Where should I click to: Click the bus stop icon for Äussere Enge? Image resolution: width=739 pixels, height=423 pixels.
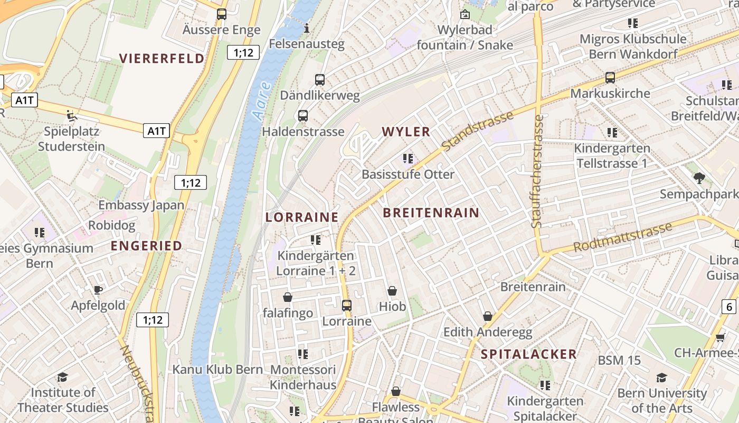point(222,14)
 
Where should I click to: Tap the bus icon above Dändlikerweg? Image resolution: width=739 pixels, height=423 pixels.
point(320,80)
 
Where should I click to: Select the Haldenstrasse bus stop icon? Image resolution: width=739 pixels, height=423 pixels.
point(303,116)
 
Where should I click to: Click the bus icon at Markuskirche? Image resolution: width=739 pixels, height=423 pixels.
point(610,78)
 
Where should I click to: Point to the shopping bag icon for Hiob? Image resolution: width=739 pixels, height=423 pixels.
point(392,291)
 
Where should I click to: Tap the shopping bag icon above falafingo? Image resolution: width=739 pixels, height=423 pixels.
point(288,297)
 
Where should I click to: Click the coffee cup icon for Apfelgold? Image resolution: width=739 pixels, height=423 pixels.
point(98,289)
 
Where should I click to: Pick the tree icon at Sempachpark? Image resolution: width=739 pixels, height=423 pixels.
point(699,178)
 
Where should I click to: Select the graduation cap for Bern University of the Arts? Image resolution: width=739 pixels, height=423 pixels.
point(661,378)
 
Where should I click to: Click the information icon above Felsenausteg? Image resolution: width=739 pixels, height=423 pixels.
point(307,27)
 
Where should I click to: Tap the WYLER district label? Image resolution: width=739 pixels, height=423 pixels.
point(406,132)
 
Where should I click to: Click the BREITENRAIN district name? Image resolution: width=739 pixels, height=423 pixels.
point(431,213)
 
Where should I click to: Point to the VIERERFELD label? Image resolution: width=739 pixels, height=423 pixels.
point(162,58)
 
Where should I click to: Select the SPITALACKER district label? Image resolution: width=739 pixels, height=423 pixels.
point(528,354)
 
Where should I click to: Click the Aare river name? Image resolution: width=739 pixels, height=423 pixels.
point(262,100)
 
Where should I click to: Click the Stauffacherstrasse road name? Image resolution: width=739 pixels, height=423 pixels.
point(537,171)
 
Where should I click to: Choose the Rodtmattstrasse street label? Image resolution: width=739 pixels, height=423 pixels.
point(622,237)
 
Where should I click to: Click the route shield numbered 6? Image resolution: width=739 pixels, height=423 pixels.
point(729,306)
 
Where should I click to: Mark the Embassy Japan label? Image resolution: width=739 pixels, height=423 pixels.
point(141,205)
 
